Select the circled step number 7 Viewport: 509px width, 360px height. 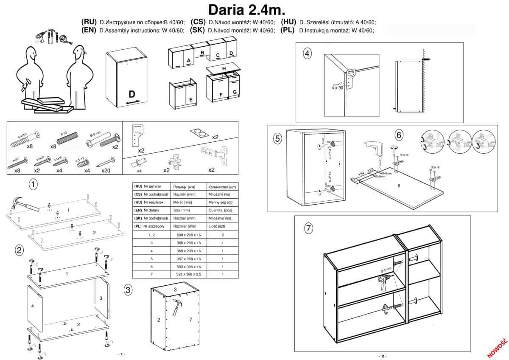pos(308,228)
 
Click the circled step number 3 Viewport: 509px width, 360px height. pos(128,290)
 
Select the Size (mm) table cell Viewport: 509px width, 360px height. pos(182,210)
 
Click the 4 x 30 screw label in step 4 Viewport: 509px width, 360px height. pos(337,88)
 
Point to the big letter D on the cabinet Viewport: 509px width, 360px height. pos(131,94)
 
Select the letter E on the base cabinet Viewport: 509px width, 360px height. pos(191,100)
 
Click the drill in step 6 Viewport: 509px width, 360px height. pos(373,147)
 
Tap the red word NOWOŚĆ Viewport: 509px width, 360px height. pos(497,347)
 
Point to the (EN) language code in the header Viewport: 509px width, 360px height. pos(89,30)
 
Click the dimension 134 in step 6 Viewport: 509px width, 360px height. pos(361,174)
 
